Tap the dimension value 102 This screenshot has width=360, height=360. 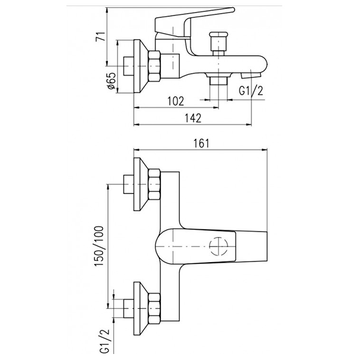point(176,101)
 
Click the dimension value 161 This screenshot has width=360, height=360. point(200,143)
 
